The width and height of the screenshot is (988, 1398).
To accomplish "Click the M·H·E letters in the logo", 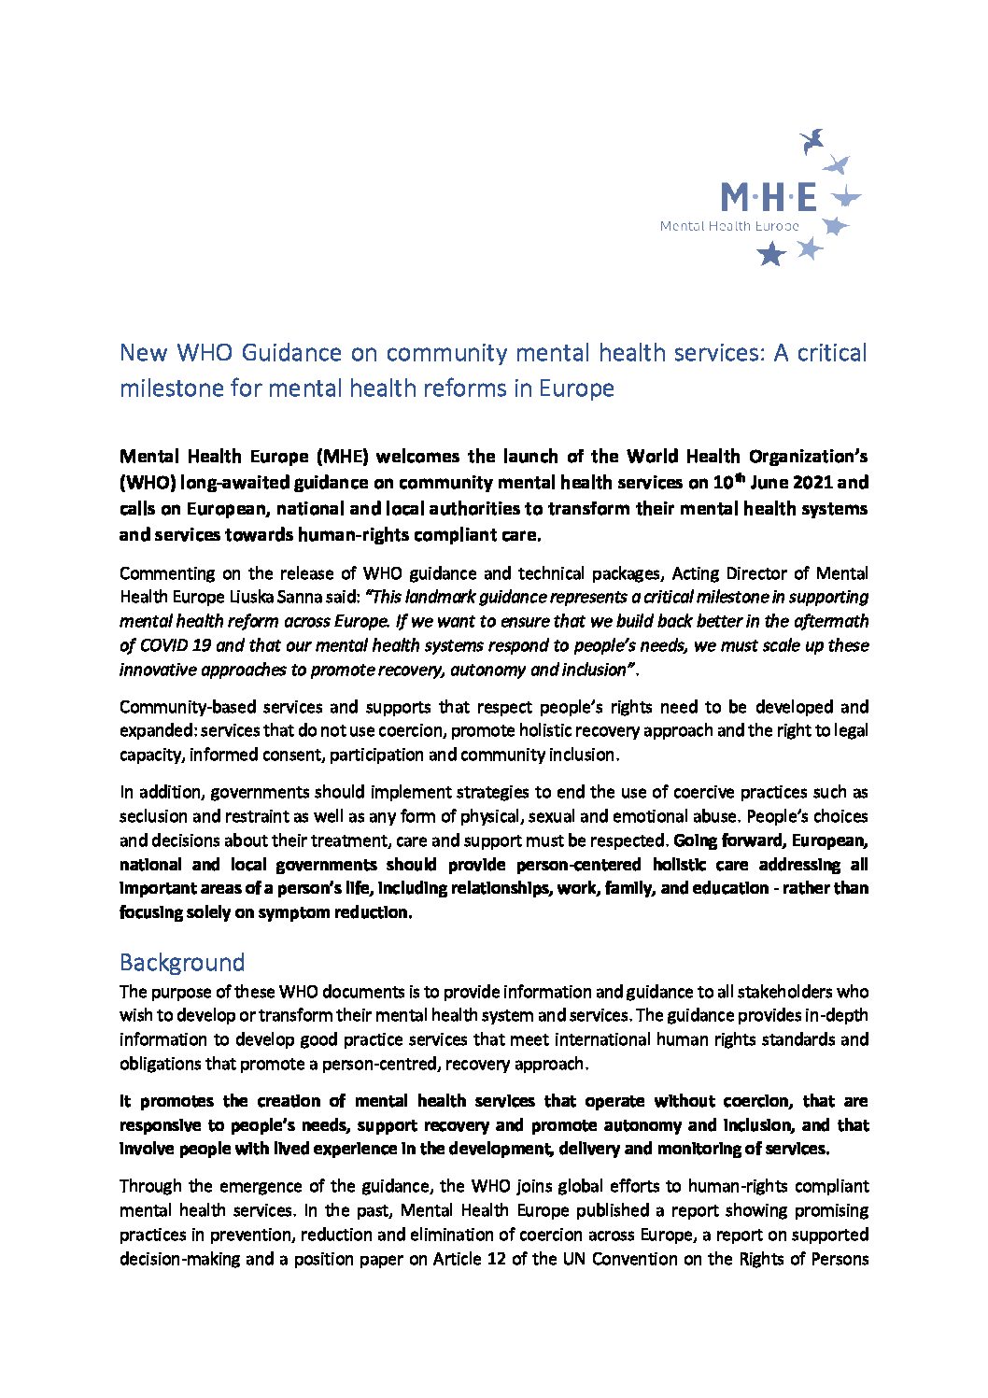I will click(768, 197).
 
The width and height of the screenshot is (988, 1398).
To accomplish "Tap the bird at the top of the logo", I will click(812, 141).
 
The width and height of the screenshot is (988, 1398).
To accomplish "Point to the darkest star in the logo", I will click(771, 254).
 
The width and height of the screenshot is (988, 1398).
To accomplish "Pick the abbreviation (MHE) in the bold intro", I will click(342, 456).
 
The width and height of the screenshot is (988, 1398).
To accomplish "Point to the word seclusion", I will click(153, 816).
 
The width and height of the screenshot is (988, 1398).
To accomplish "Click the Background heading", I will click(182, 963).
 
